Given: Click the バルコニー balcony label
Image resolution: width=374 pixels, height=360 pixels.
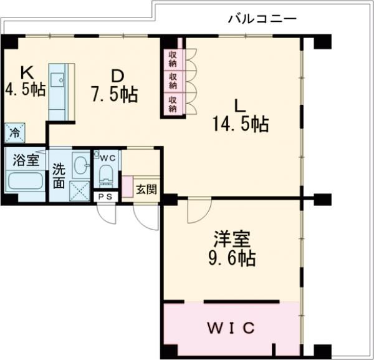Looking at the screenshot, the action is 262,19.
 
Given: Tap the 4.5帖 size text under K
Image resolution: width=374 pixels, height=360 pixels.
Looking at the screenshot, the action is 26,89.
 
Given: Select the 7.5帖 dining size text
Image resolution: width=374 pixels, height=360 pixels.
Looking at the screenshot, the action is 115,95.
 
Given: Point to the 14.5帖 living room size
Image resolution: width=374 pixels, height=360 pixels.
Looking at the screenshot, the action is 241,124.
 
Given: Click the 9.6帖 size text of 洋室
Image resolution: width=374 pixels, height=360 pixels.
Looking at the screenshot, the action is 232,258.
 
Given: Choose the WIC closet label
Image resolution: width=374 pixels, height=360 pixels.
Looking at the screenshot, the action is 231,328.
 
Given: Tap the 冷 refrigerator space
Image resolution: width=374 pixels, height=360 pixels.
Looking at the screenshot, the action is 14,133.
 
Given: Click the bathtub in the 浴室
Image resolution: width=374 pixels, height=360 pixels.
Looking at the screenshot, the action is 26,180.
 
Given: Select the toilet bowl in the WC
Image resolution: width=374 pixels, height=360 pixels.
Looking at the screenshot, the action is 107,175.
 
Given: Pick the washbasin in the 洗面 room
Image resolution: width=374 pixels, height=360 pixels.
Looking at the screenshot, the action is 81,165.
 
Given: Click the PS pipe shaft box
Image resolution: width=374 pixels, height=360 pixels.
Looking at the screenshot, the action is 105,197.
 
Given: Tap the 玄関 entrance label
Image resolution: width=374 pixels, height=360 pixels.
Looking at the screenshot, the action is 146,190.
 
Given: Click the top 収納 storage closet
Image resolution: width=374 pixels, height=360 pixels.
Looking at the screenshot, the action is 173,59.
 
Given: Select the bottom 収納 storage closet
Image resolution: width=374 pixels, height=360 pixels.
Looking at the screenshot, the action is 173,104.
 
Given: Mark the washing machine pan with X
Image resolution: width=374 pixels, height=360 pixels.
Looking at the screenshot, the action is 80,192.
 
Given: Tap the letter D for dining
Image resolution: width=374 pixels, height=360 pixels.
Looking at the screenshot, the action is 117,76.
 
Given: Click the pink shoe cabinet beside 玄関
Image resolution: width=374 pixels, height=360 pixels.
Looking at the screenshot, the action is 128,187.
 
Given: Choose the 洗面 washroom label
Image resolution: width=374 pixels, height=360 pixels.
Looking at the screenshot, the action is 59,176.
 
